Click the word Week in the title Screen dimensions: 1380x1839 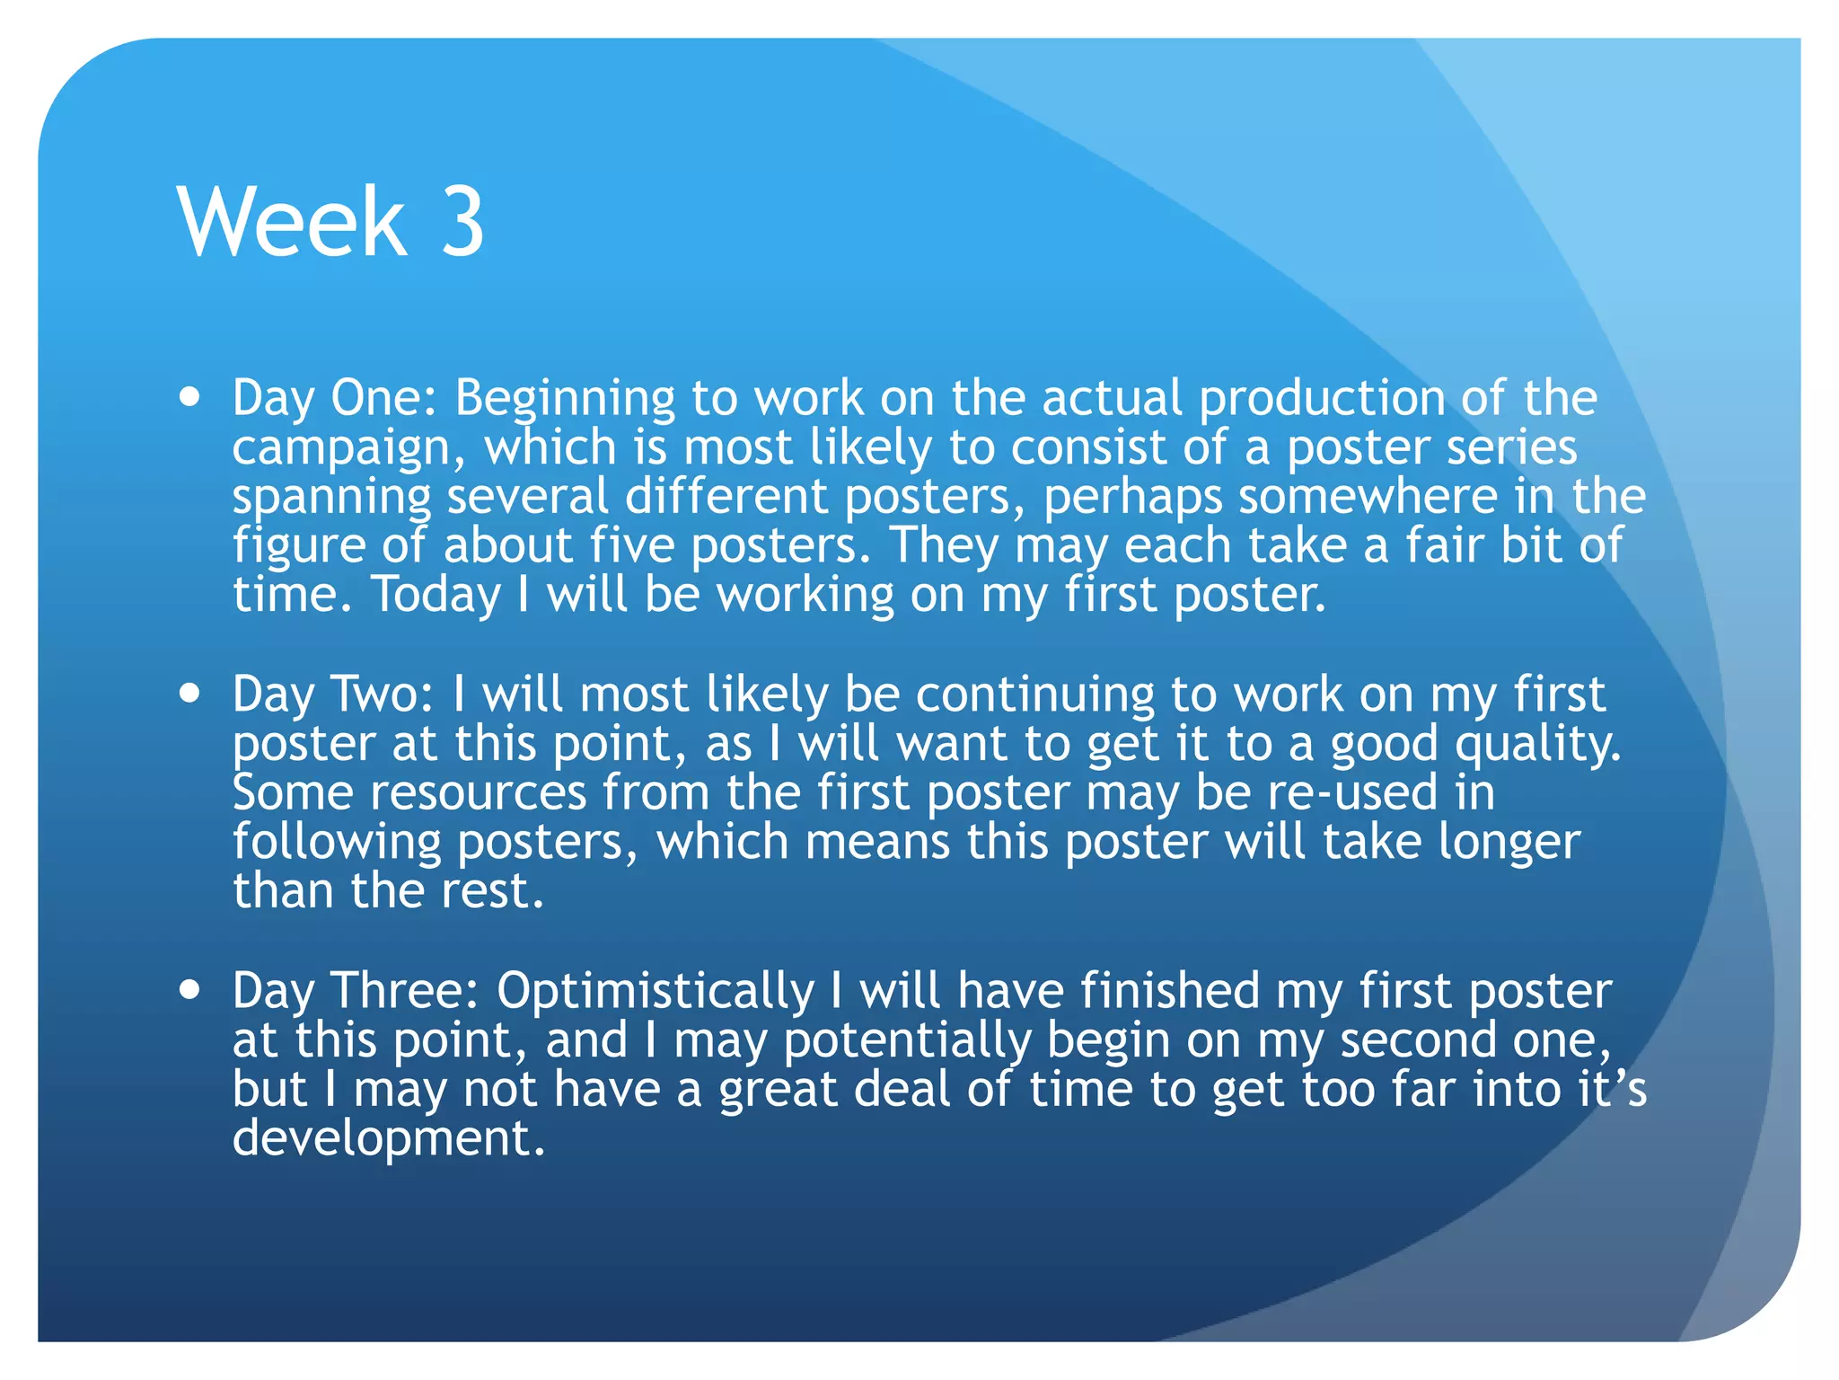293,221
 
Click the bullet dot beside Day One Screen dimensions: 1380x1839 189,397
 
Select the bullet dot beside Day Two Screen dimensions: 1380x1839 189,694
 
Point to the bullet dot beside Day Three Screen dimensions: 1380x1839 189,990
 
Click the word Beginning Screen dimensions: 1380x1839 565,399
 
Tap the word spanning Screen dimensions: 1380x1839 331,498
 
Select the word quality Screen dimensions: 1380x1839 1537,745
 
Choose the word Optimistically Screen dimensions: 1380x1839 656,992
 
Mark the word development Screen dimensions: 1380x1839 389,1139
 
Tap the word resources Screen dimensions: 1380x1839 478,793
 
